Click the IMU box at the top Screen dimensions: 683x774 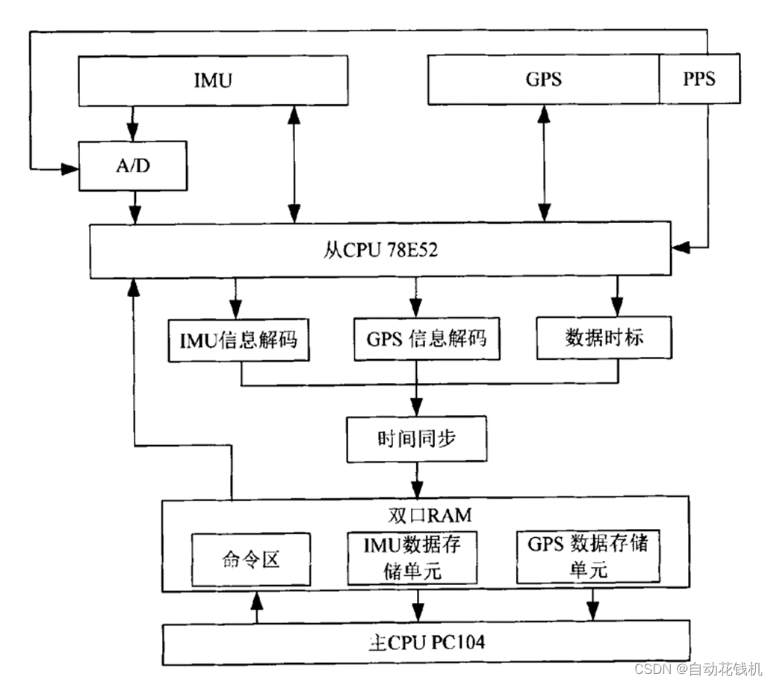[x=214, y=80]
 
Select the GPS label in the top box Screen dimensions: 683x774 [x=543, y=79]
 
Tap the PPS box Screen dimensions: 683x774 [x=699, y=79]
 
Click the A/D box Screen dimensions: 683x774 [x=133, y=166]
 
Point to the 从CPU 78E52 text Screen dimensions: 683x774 [x=381, y=251]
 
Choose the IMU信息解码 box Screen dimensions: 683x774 [x=238, y=339]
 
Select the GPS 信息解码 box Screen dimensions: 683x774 [x=426, y=339]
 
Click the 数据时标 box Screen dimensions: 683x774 [x=604, y=339]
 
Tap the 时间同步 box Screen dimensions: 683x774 [x=416, y=438]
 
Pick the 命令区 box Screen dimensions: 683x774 [x=250, y=559]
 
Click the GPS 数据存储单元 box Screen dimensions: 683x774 [x=588, y=557]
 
